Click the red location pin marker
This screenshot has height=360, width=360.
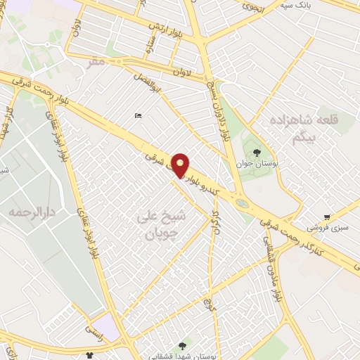tap(181, 165)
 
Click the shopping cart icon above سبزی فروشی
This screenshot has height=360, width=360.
tap(327, 217)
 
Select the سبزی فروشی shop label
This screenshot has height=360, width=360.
tap(326, 228)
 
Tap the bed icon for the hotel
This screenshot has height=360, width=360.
tap(137, 116)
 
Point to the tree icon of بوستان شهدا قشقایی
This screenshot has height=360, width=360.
tap(183, 345)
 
